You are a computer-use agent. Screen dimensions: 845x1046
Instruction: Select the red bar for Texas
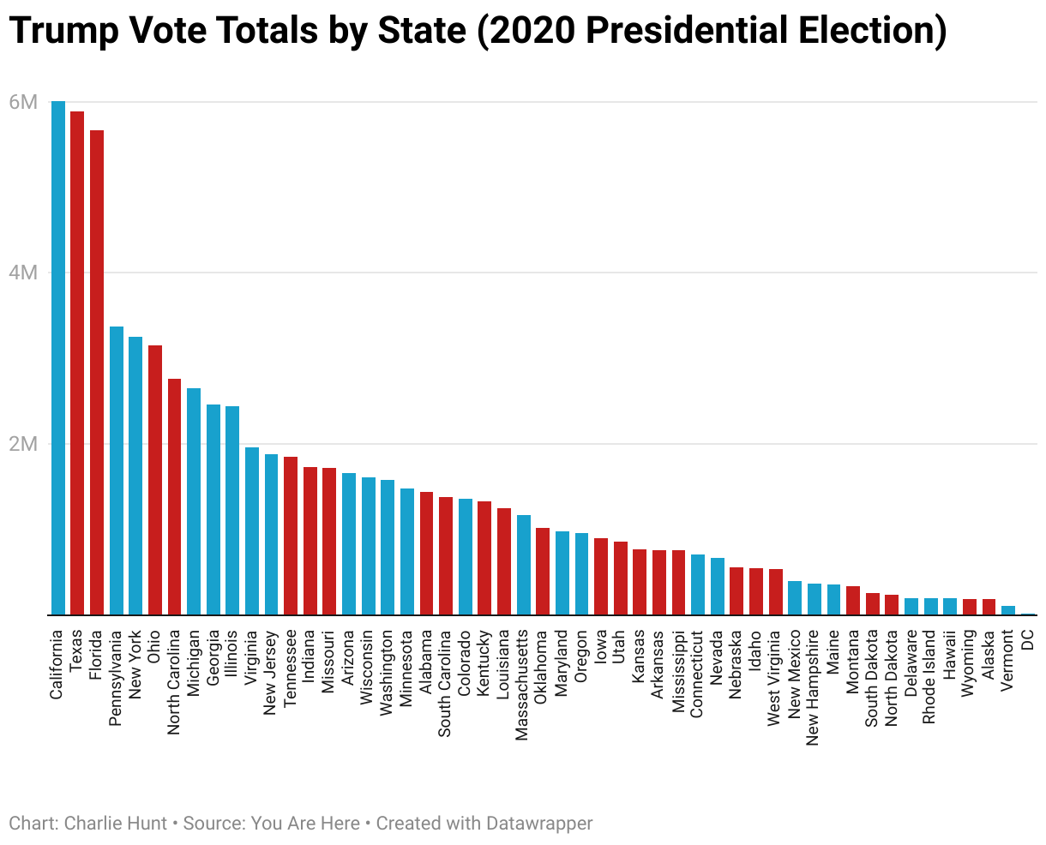77,363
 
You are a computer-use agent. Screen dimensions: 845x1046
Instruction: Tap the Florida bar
97,373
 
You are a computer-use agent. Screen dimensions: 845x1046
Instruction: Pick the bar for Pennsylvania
117,470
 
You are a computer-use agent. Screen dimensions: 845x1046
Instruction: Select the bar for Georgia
213,510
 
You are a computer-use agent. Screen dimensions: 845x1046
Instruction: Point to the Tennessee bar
291,536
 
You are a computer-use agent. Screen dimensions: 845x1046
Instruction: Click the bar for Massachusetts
524,565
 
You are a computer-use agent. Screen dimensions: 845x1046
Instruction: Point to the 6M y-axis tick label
23,103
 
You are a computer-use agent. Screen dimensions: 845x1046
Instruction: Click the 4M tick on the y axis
23,273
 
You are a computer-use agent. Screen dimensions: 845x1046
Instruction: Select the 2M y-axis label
23,445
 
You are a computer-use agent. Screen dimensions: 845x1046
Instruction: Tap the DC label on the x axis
1027,641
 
